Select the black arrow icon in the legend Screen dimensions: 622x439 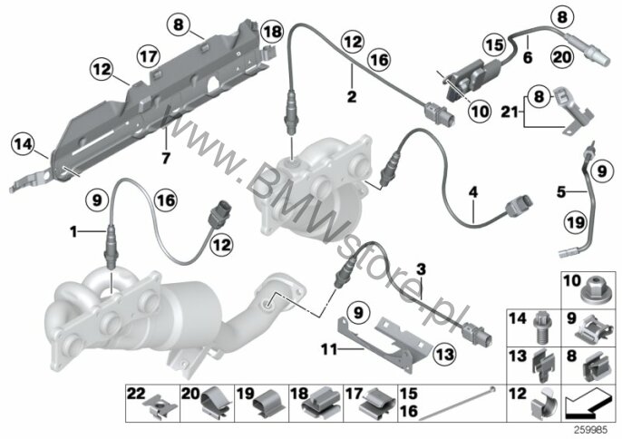coord(587,405)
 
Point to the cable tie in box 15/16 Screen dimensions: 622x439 coord(457,403)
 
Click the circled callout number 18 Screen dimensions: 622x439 coord(272,32)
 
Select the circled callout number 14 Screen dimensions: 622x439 coord(23,144)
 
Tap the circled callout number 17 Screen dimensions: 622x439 coord(149,56)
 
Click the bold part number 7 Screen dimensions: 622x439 coord(166,159)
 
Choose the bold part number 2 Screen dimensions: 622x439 coord(352,96)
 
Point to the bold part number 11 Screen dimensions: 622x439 coord(329,350)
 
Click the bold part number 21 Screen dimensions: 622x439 coord(510,112)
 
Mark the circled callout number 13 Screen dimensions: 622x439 coord(444,354)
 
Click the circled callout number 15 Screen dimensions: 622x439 coord(494,44)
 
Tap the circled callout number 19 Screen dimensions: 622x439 coord(575,223)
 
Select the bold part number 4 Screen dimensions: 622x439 coord(473,193)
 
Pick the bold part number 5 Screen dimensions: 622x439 coord(560,192)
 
